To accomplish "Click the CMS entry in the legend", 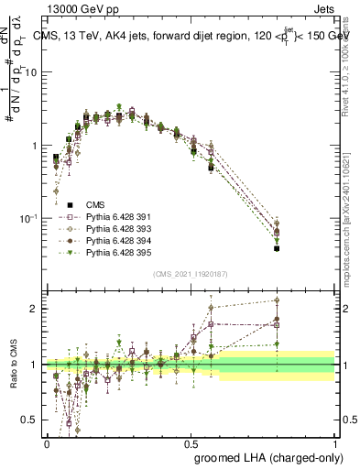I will point(96,204).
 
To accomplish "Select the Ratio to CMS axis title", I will point(13,366).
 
